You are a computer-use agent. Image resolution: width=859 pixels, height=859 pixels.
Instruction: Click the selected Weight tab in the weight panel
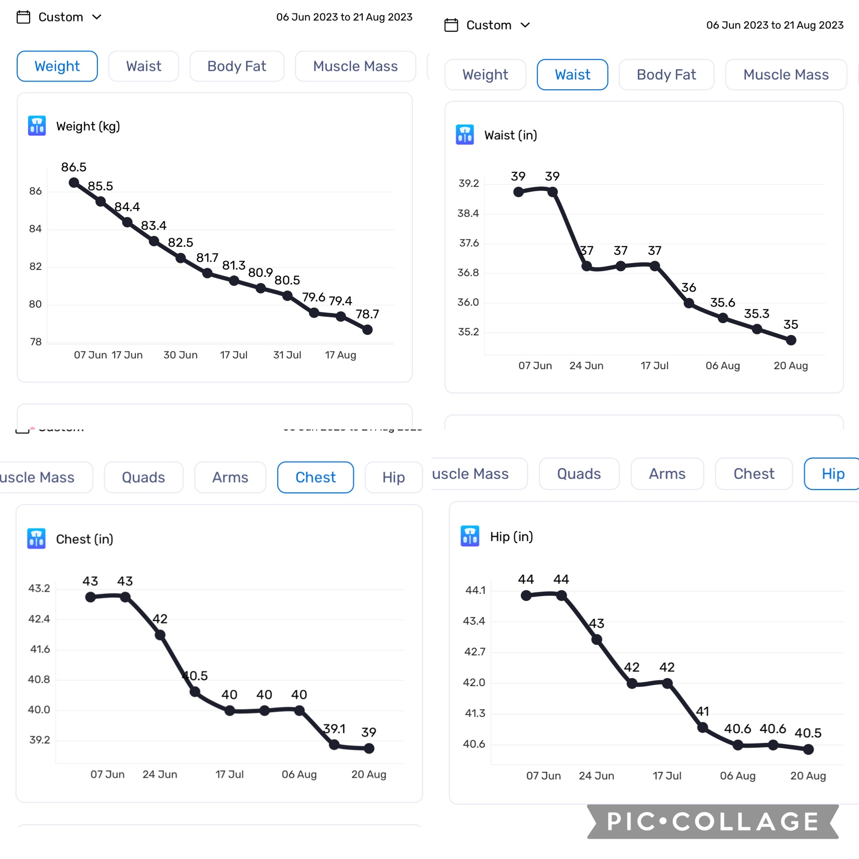tap(57, 66)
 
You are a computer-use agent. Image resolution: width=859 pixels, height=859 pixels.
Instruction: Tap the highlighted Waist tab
tap(572, 75)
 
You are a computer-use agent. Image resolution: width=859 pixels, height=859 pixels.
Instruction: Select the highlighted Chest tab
tap(315, 477)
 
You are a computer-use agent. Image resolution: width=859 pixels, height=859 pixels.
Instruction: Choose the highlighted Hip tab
tap(833, 474)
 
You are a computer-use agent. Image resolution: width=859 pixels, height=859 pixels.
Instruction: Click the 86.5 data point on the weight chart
tap(74, 183)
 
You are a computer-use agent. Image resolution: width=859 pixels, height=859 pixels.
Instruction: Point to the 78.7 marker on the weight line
tap(367, 330)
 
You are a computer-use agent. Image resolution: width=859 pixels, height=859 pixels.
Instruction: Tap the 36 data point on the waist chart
tap(689, 303)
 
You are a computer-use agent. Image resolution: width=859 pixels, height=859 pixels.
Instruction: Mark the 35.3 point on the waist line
tap(757, 329)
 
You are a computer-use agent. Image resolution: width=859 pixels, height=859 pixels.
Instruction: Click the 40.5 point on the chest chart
tap(195, 692)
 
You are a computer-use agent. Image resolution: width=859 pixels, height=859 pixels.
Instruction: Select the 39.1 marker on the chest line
tap(334, 745)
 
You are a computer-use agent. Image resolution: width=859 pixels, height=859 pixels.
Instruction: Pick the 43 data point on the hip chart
tap(597, 640)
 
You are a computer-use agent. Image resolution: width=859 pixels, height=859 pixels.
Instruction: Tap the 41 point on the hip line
tap(702, 728)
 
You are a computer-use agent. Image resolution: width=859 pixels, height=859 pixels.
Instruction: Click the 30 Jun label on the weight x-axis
tap(180, 355)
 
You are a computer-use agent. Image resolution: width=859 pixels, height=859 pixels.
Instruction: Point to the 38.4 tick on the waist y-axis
tap(468, 213)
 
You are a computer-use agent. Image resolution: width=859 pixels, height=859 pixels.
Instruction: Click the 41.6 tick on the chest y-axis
tap(40, 649)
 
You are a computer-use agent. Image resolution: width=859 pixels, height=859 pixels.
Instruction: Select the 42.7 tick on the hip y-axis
tap(474, 652)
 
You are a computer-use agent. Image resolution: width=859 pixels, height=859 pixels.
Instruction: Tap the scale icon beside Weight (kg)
tap(37, 126)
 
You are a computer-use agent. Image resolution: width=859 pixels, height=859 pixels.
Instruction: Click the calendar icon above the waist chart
tap(451, 25)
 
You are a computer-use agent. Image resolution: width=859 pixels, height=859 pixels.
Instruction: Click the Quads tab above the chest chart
tap(143, 477)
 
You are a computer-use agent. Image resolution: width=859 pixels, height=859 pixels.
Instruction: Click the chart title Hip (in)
tap(511, 537)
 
